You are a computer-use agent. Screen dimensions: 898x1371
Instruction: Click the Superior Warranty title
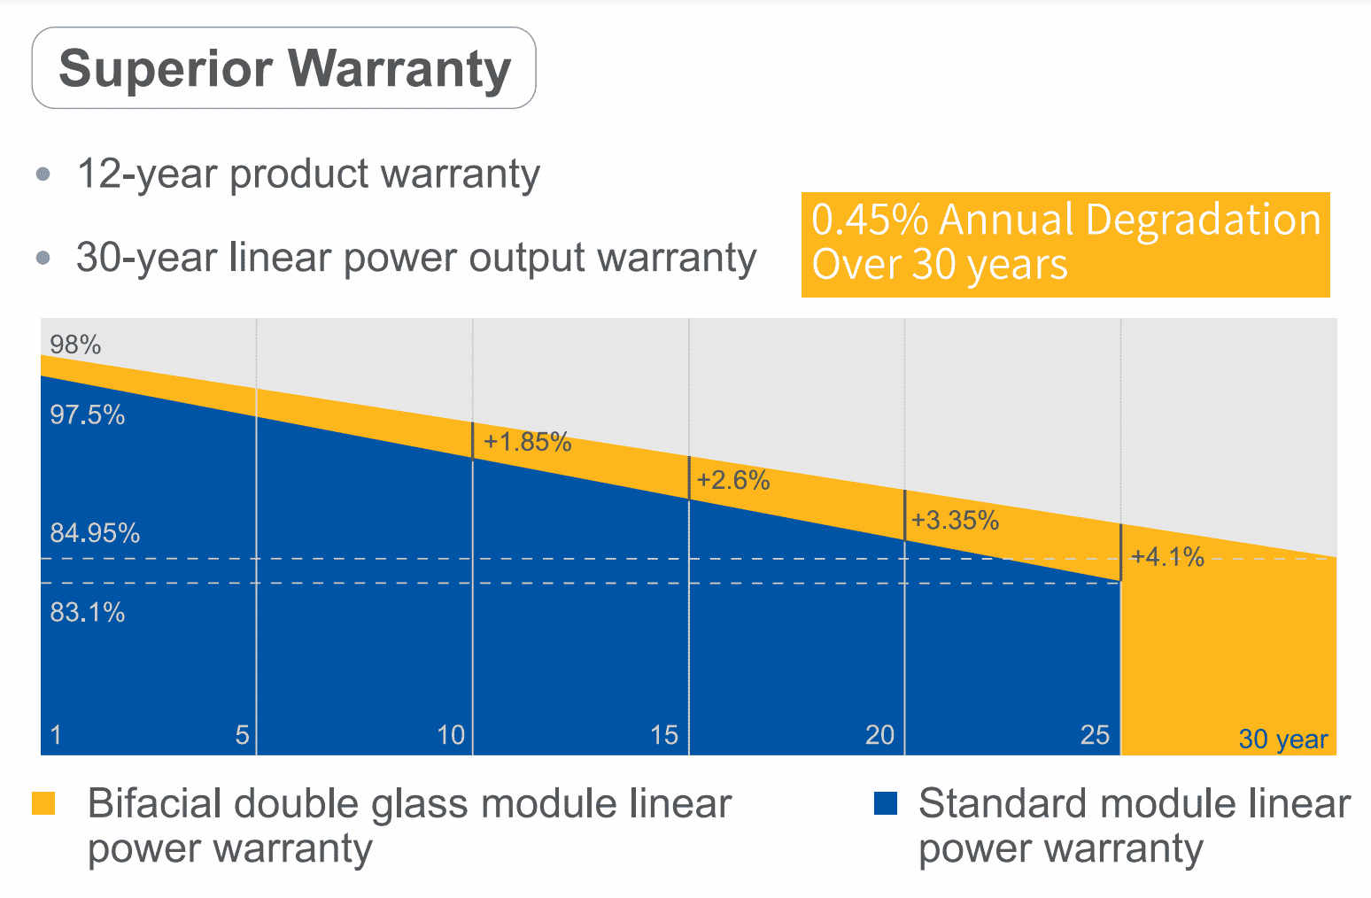point(284,68)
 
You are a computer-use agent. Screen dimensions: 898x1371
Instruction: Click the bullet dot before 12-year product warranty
point(43,174)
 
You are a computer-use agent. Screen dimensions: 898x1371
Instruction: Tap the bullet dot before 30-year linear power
point(43,258)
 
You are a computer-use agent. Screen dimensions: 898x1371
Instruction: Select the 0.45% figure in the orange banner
point(870,220)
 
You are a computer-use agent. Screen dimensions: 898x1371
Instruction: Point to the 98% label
point(75,344)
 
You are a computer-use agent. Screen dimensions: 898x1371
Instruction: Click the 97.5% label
point(87,414)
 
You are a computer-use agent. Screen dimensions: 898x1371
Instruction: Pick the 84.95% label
point(95,533)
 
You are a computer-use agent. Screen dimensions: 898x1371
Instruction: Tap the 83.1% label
point(87,612)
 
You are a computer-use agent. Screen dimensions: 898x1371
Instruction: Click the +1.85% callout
point(528,441)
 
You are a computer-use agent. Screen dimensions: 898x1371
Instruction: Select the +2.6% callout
point(733,480)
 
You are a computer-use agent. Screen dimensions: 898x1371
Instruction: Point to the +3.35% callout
point(955,520)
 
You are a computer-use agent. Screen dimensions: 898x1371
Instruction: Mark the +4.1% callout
point(1167,556)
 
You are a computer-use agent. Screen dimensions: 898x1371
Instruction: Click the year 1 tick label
point(56,734)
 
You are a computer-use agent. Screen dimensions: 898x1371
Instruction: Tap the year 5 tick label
point(242,734)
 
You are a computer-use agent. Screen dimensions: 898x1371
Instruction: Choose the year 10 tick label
point(451,734)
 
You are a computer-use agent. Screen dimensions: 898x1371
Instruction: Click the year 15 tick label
point(664,734)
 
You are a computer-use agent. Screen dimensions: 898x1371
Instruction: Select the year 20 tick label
point(879,734)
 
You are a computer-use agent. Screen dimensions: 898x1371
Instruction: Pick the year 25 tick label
point(1095,734)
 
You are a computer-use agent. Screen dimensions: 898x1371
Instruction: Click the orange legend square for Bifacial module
point(43,803)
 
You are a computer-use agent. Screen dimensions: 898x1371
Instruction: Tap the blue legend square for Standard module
point(885,803)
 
